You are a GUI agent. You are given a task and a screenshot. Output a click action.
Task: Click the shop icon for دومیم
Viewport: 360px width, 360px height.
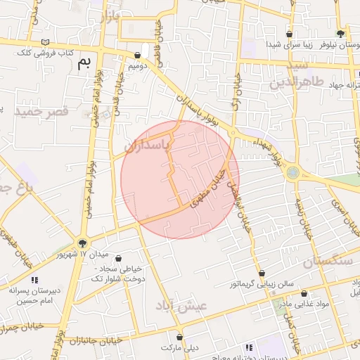(137, 55)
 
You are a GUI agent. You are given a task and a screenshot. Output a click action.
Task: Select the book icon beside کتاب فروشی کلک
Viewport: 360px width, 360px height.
(46, 43)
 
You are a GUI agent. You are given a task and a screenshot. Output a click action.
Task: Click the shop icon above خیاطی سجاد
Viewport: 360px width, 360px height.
(117, 259)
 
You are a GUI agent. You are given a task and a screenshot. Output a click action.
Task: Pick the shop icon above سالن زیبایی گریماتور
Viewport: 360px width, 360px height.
(262, 273)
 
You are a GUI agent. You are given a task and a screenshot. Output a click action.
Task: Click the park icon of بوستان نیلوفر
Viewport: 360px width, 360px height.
(341, 33)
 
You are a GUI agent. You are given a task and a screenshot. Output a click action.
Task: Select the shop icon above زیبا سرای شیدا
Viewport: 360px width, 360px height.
(289, 34)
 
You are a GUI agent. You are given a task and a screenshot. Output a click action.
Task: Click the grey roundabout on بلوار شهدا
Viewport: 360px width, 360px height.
(292, 172)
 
